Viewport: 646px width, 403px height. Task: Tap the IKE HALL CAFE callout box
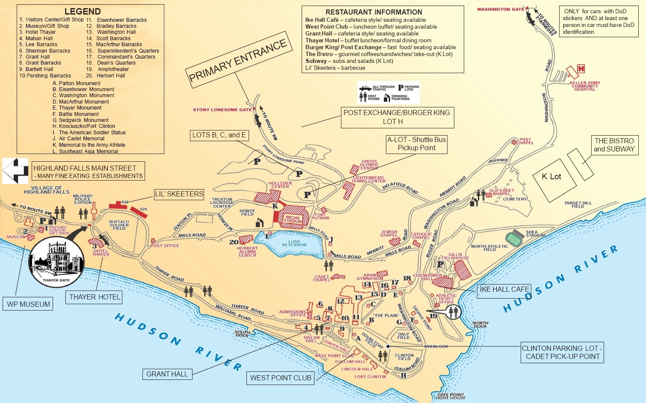[x=504, y=290]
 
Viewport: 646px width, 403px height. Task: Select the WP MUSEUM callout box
[x=29, y=304]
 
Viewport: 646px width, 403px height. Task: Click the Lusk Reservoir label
[x=294, y=243]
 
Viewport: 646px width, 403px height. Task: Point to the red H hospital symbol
[x=581, y=68]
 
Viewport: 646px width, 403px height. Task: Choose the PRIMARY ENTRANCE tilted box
[x=238, y=60]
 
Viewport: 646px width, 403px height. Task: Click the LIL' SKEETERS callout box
[x=179, y=194]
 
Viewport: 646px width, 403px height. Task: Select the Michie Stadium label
[x=293, y=219]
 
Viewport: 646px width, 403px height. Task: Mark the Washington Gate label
[x=500, y=9]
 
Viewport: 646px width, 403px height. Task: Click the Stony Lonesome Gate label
[x=222, y=110]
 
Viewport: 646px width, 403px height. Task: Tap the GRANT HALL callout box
[x=167, y=374]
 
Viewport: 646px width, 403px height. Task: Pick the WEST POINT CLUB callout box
[x=281, y=378]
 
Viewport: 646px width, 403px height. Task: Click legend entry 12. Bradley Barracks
[x=112, y=26]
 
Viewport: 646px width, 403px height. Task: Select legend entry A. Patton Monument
[x=77, y=83]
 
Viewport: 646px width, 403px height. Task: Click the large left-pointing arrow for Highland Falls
[x=15, y=171]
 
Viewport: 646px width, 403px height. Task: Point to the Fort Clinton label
[x=370, y=377]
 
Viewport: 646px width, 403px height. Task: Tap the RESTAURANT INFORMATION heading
[x=373, y=12]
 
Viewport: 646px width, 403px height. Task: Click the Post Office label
[x=165, y=246]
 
